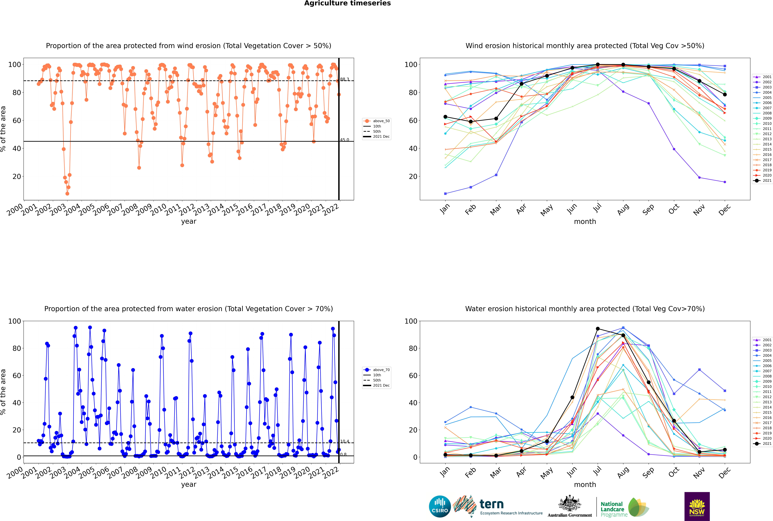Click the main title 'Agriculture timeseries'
347,3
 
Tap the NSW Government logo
697,506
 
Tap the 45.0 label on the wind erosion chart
345,140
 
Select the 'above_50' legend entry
377,121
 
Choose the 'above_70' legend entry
377,370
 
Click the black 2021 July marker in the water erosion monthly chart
598,329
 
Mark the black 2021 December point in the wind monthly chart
725,94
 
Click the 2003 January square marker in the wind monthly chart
445,193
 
